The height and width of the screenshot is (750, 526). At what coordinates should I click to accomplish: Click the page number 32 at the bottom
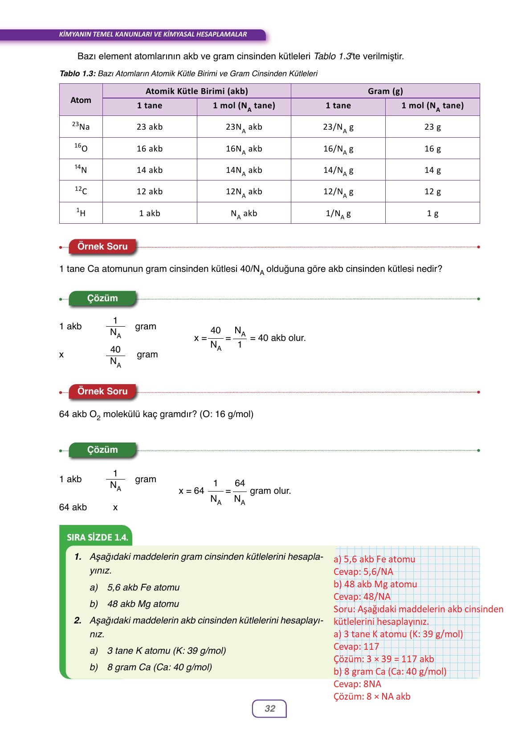[x=269, y=709]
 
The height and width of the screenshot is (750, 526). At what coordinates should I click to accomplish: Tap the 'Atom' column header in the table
[x=81, y=100]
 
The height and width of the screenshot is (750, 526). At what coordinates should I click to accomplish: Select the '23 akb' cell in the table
[x=150, y=127]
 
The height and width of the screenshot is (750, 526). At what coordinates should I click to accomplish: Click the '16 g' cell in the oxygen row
[x=432, y=149]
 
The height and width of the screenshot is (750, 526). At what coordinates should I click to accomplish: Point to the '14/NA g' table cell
[x=338, y=170]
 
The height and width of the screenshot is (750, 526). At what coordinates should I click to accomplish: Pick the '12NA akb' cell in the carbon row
[x=244, y=192]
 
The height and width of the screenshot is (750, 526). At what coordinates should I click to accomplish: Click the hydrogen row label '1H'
[x=81, y=213]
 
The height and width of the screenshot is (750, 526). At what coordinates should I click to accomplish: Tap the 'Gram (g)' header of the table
[x=385, y=91]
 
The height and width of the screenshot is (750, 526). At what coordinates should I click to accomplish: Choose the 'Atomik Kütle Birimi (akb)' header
[x=196, y=91]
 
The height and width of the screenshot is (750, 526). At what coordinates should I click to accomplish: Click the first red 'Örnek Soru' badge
[x=102, y=246]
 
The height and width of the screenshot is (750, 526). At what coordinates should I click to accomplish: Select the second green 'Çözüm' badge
[x=102, y=450]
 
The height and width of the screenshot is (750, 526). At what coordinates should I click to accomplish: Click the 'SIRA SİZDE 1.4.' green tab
[x=97, y=537]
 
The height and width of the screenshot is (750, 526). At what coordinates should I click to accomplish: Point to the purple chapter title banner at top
[x=153, y=34]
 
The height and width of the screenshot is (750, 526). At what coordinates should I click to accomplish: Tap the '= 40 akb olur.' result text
[x=278, y=338]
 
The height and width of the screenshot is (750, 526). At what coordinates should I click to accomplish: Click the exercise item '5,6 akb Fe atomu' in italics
[x=143, y=587]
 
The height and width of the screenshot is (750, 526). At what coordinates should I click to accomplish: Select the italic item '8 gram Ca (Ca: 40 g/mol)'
[x=159, y=667]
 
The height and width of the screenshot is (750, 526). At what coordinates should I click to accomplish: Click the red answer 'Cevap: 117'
[x=356, y=647]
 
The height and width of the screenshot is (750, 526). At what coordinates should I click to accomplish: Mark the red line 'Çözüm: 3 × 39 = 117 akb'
[x=383, y=659]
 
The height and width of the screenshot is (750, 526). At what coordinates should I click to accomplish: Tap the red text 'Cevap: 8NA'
[x=357, y=684]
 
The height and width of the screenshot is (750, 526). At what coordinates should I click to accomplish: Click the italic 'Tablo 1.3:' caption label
[x=77, y=74]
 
